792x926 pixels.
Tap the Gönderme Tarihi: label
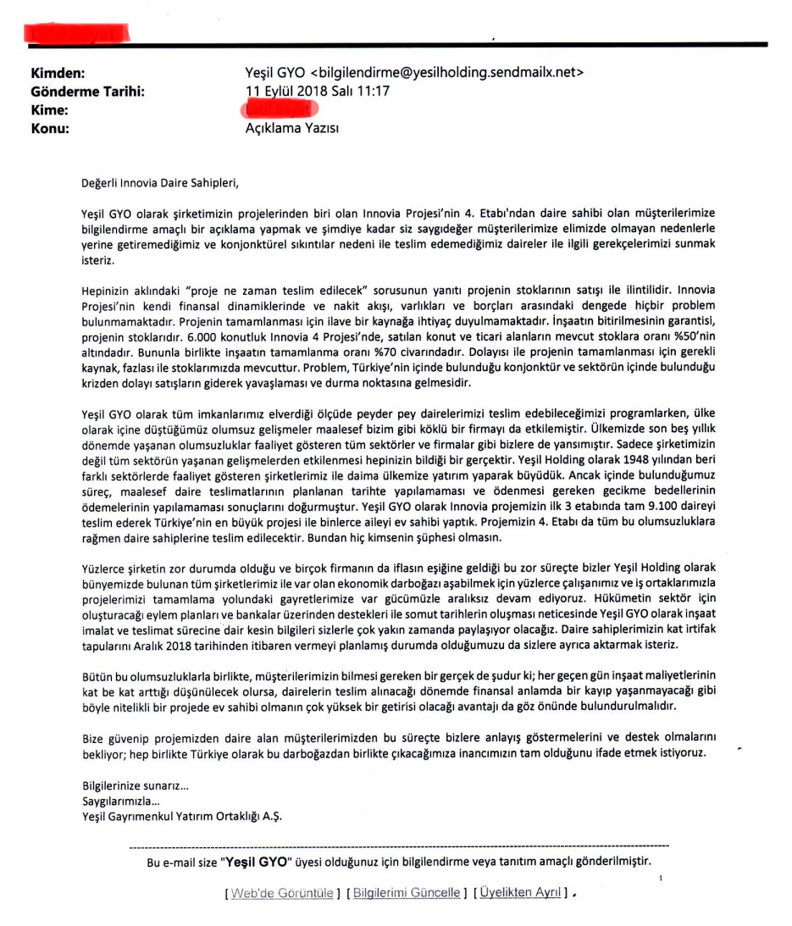pos(88,91)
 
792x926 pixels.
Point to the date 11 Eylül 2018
pos(293,91)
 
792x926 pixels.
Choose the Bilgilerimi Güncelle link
pos(407,893)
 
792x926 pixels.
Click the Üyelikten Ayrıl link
pos(521,893)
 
